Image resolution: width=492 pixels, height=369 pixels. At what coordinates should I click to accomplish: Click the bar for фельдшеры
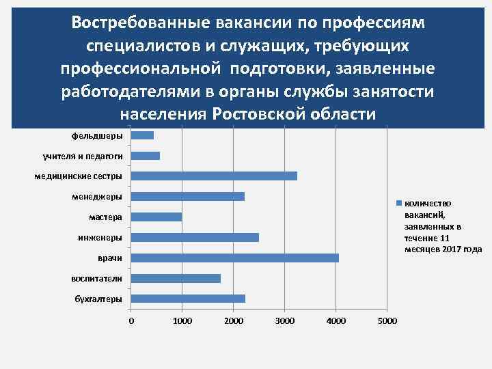pos(142,135)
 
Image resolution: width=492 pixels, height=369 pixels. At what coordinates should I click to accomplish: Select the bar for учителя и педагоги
pos(146,156)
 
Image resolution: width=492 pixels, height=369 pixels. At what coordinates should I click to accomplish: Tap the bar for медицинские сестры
pos(214,176)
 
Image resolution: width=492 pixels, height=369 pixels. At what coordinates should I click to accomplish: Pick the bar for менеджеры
pos(188,197)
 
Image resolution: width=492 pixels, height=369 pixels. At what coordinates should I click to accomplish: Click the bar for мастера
pos(156,217)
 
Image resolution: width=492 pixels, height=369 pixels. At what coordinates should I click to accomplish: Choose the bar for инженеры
pos(195,238)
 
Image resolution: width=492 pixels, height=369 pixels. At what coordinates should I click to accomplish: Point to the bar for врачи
pos(235,258)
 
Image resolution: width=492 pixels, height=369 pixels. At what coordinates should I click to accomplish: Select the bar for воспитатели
pos(176,279)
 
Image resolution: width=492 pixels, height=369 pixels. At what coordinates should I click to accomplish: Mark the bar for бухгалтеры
pos(188,299)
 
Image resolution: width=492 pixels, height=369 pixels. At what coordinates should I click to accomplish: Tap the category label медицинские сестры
pos(79,177)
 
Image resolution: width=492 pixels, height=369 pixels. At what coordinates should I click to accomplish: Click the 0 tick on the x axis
pos(131,321)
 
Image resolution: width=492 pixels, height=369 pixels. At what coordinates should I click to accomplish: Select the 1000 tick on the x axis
pos(182,321)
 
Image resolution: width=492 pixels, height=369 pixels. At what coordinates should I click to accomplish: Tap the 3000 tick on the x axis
pos(285,321)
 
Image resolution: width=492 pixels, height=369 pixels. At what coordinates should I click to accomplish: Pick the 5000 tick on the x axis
pos(387,321)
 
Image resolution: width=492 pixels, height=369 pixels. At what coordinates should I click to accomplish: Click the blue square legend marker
pos(400,203)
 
